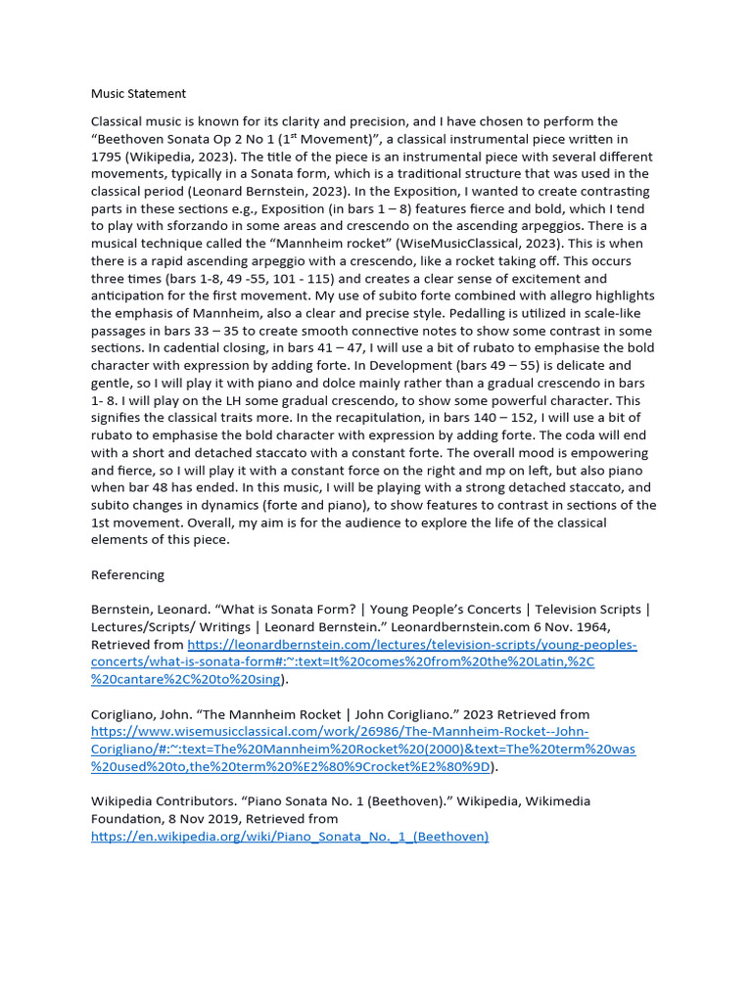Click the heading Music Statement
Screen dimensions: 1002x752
(138, 94)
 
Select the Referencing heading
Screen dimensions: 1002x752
(127, 574)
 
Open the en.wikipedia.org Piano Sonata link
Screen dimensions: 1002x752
(290, 836)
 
